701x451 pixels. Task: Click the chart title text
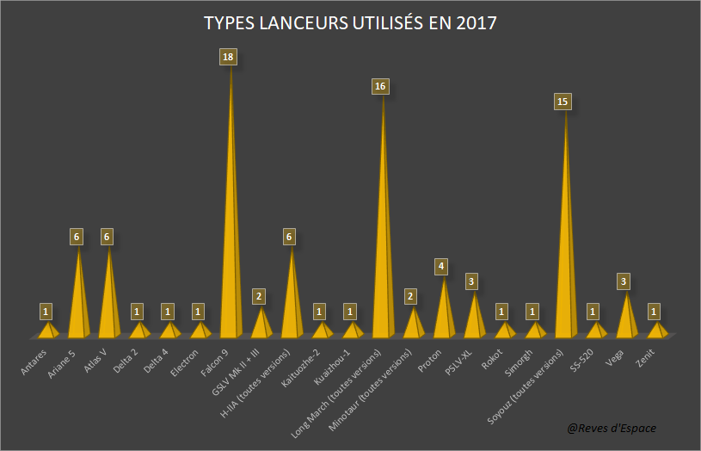click(350, 23)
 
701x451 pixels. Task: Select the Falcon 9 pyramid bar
click(231, 258)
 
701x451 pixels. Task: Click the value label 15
click(563, 102)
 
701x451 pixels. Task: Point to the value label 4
click(441, 267)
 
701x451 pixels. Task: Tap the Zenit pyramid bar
click(657, 330)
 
